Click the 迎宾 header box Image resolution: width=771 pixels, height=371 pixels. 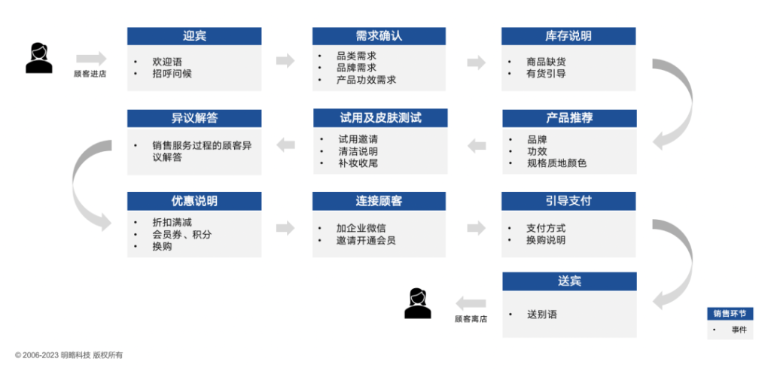[x=194, y=36]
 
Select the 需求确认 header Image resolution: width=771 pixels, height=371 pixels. [x=379, y=36]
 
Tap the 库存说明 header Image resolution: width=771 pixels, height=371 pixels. [x=568, y=36]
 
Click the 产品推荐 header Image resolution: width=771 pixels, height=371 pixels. [x=568, y=118]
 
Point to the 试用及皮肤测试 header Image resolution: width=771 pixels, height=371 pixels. [x=380, y=118]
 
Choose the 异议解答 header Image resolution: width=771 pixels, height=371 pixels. [x=194, y=118]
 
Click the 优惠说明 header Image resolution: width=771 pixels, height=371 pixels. [x=194, y=201]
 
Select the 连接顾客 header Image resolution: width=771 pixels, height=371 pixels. [x=379, y=201]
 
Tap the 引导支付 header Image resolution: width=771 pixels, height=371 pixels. [x=568, y=201]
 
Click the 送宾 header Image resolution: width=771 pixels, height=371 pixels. [x=568, y=281]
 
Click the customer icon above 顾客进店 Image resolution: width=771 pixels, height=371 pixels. [x=38, y=58]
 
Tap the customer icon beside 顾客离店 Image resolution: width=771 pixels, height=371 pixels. [x=418, y=303]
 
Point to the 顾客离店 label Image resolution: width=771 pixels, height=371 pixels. [x=471, y=319]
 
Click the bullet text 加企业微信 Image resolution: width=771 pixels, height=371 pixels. [x=362, y=228]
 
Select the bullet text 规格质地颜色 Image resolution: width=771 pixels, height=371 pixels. [x=556, y=163]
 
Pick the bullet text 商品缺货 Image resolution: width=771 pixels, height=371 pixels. [x=547, y=62]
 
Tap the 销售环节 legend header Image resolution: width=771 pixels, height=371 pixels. [x=730, y=314]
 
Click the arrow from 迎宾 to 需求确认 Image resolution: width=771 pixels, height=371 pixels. [x=285, y=61]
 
